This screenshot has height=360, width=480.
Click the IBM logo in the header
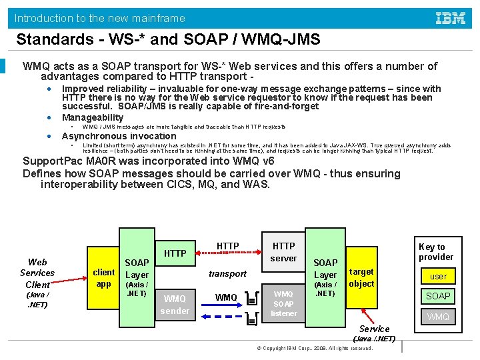451,18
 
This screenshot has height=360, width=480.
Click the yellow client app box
104,277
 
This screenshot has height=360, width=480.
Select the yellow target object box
361,277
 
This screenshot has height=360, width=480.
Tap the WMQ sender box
175,304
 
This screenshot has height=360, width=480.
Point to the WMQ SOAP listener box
283,303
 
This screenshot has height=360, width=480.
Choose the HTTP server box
283,252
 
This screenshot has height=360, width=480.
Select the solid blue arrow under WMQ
226,307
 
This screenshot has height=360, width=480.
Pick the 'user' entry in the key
438,276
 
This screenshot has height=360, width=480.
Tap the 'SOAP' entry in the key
438,296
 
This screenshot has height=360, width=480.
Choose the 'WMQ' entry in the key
438,316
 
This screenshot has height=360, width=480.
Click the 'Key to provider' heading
436,252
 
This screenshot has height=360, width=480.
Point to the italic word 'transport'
227,273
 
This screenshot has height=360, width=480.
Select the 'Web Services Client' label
37,273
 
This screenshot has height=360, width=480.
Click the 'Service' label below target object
374,329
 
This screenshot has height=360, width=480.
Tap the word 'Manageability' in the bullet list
93,117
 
